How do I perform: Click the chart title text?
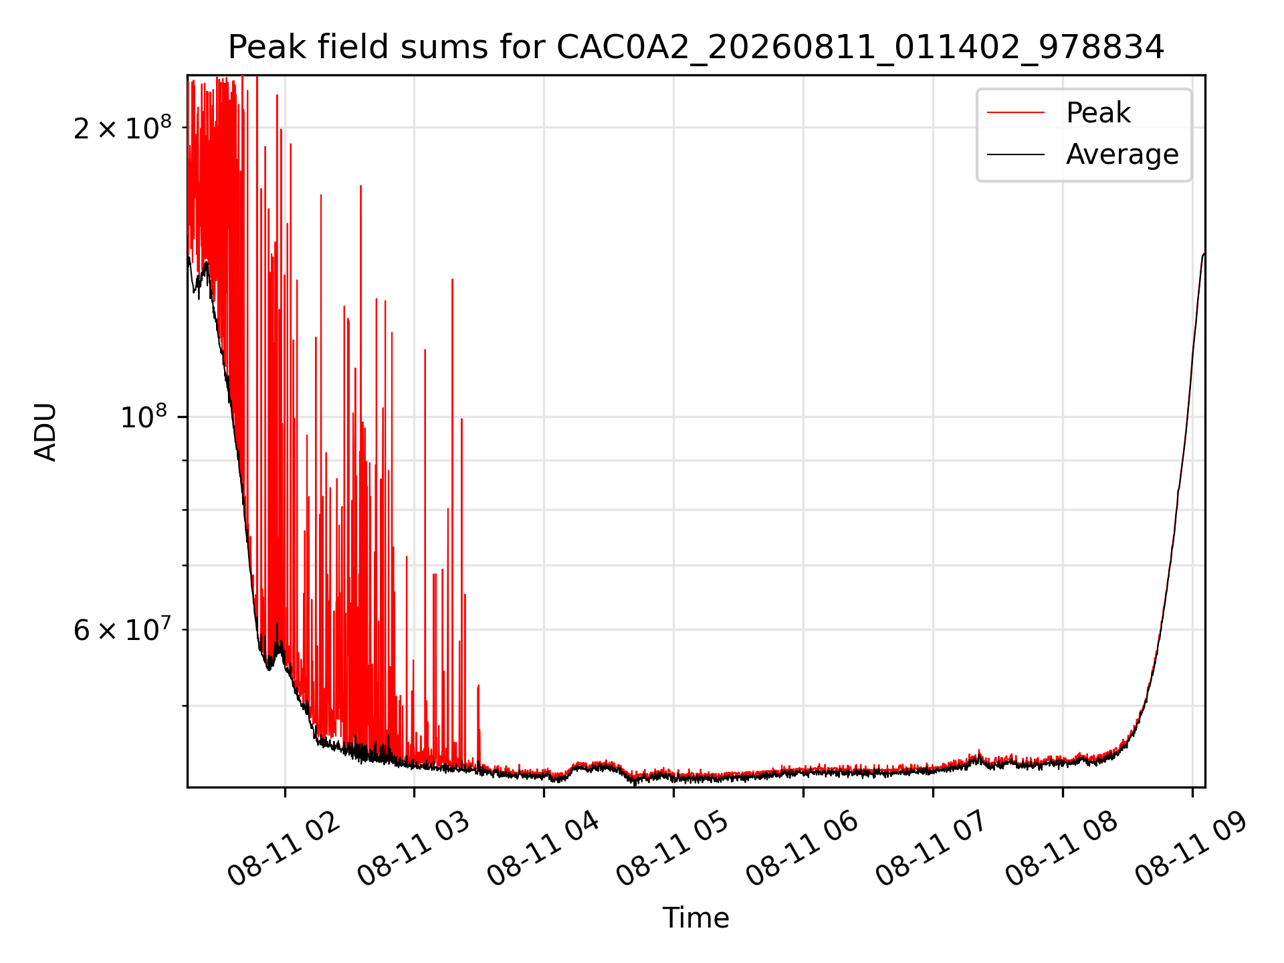(x=696, y=47)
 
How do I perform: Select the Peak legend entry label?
(x=1098, y=112)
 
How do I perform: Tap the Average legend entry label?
(x=1122, y=154)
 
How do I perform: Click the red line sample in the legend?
(x=1016, y=112)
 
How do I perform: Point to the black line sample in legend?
(x=1016, y=154)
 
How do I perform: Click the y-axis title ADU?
(x=45, y=431)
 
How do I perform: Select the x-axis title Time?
(x=695, y=918)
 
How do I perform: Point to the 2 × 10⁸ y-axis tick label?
(x=122, y=127)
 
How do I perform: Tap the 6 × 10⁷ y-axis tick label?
(x=122, y=629)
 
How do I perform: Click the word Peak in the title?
(x=262, y=47)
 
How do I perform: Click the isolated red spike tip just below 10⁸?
(x=461, y=419)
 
